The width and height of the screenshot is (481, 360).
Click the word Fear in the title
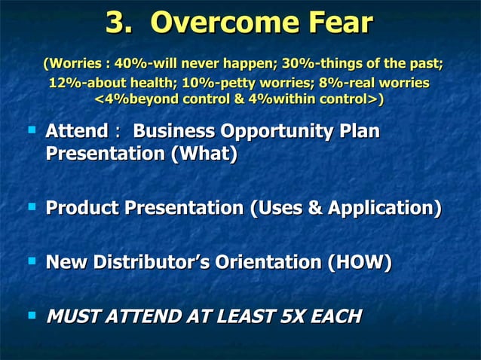click(x=336, y=23)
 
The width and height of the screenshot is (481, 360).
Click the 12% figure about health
click(x=63, y=82)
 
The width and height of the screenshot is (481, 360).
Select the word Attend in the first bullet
click(x=77, y=132)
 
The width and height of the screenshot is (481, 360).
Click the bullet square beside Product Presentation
click(x=32, y=205)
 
